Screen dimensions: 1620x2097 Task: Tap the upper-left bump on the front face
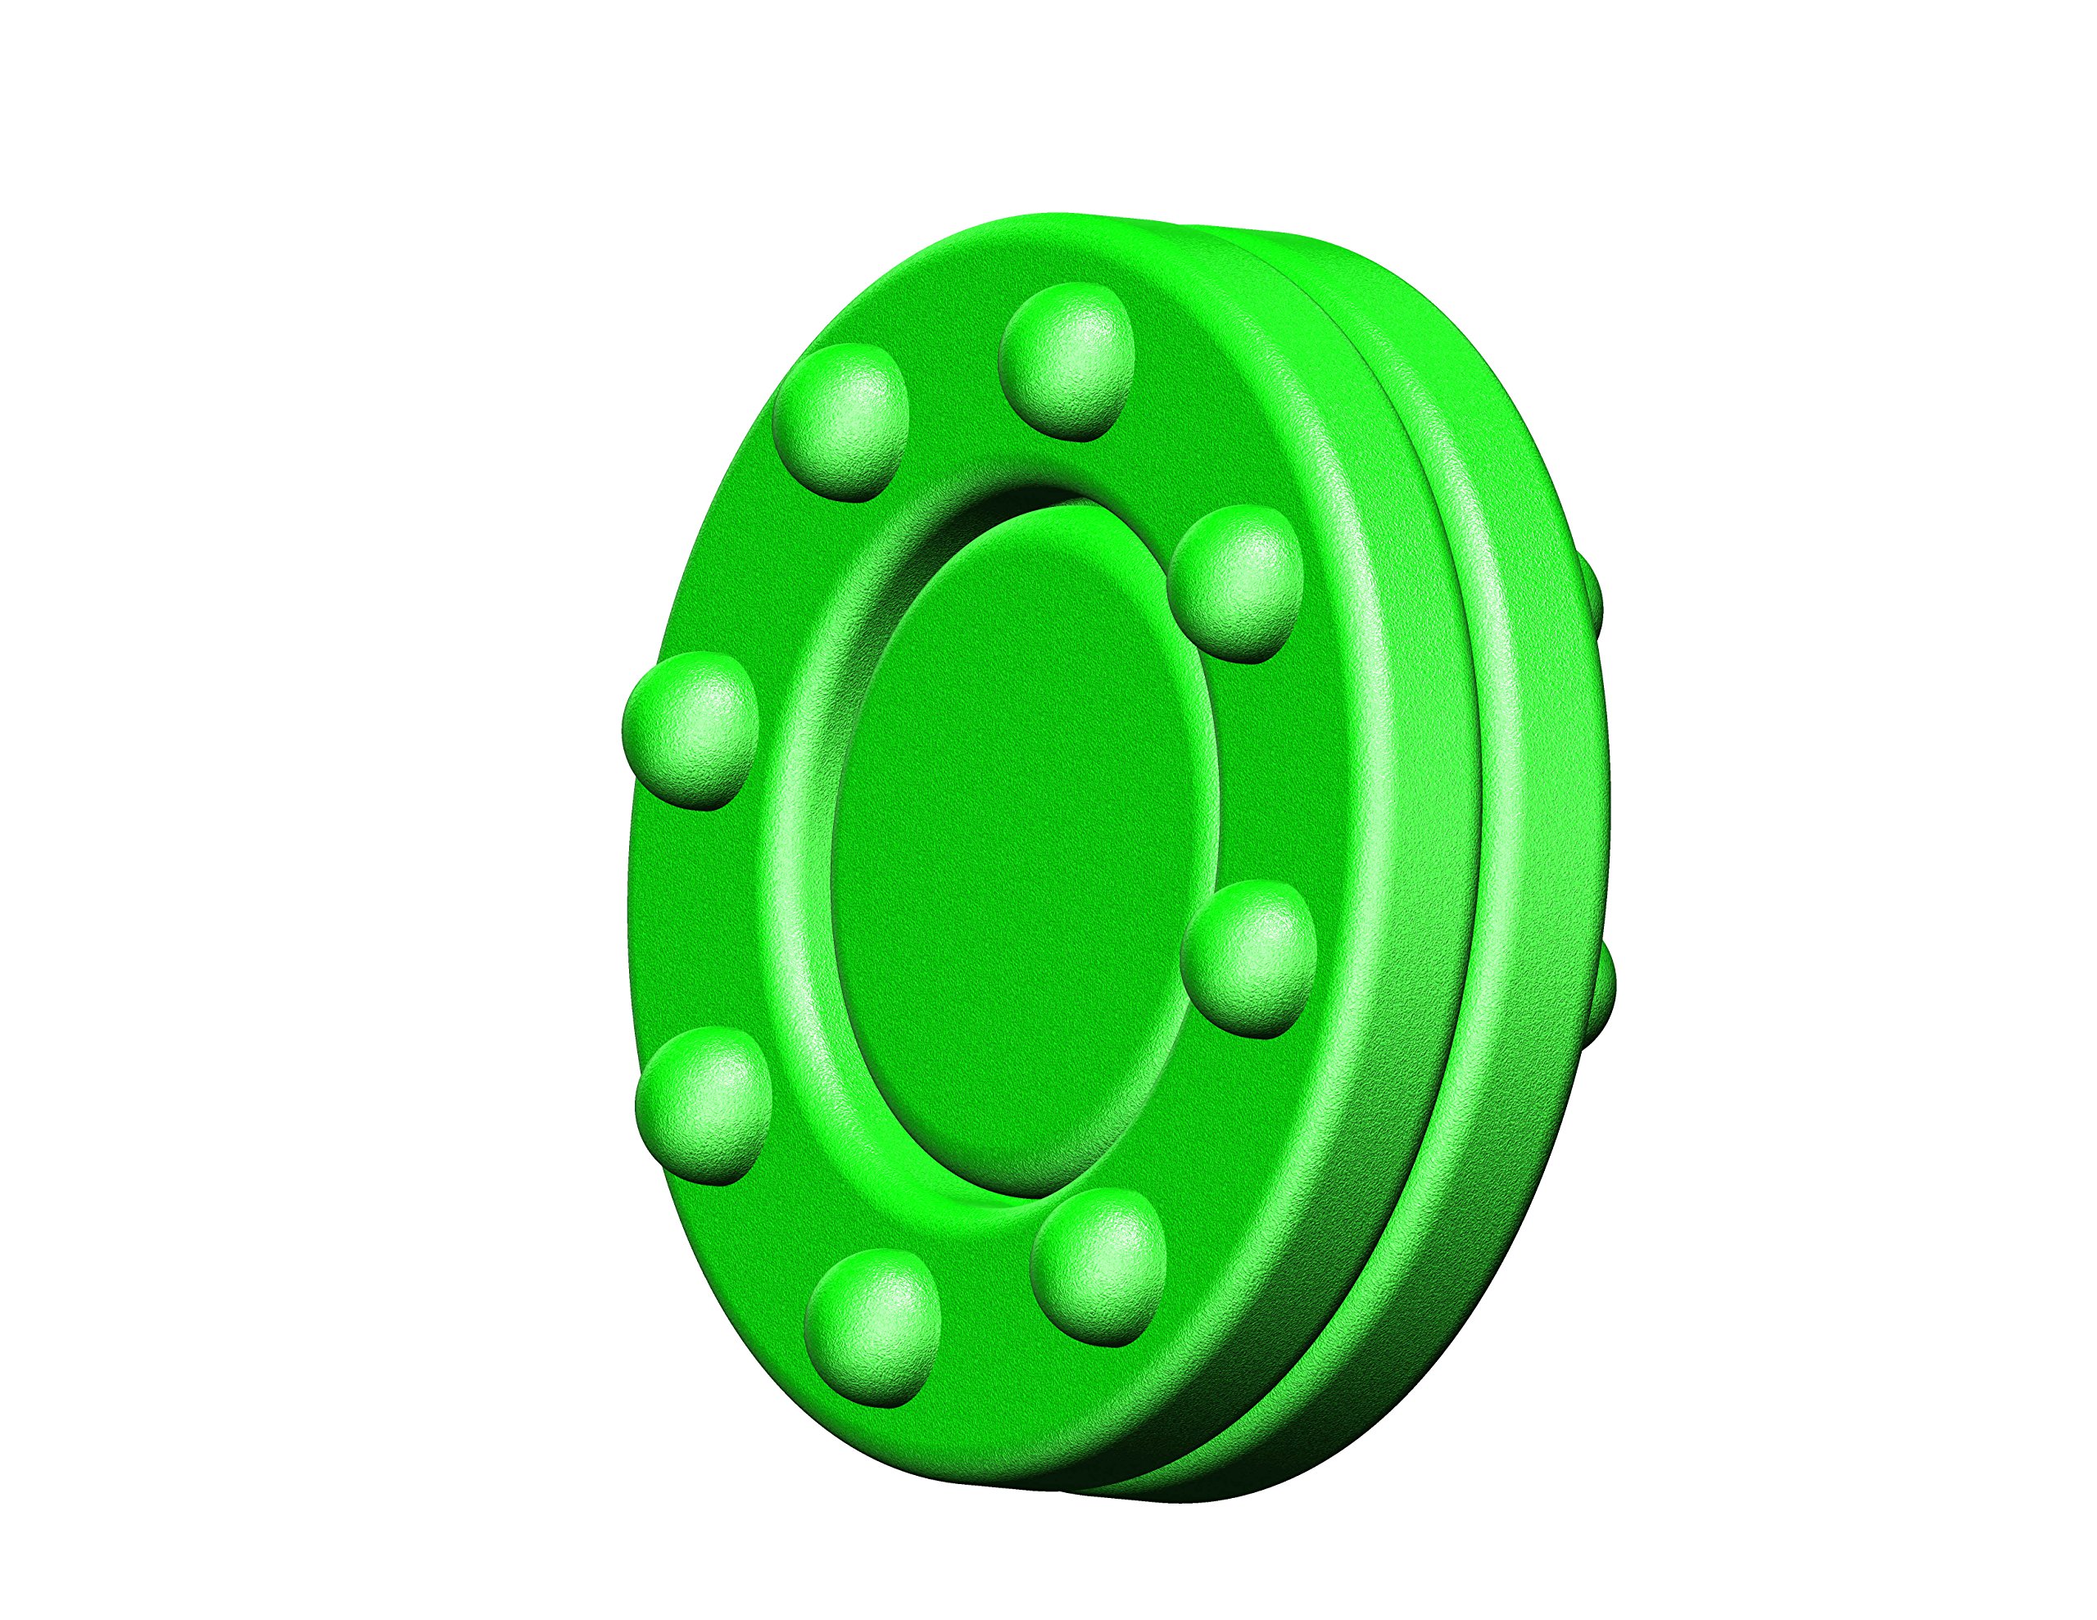tap(841, 422)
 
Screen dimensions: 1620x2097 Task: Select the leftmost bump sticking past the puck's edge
tap(691, 730)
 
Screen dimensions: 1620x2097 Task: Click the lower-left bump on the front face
tap(704, 1104)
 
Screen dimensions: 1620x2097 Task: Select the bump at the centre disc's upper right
tap(1236, 584)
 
